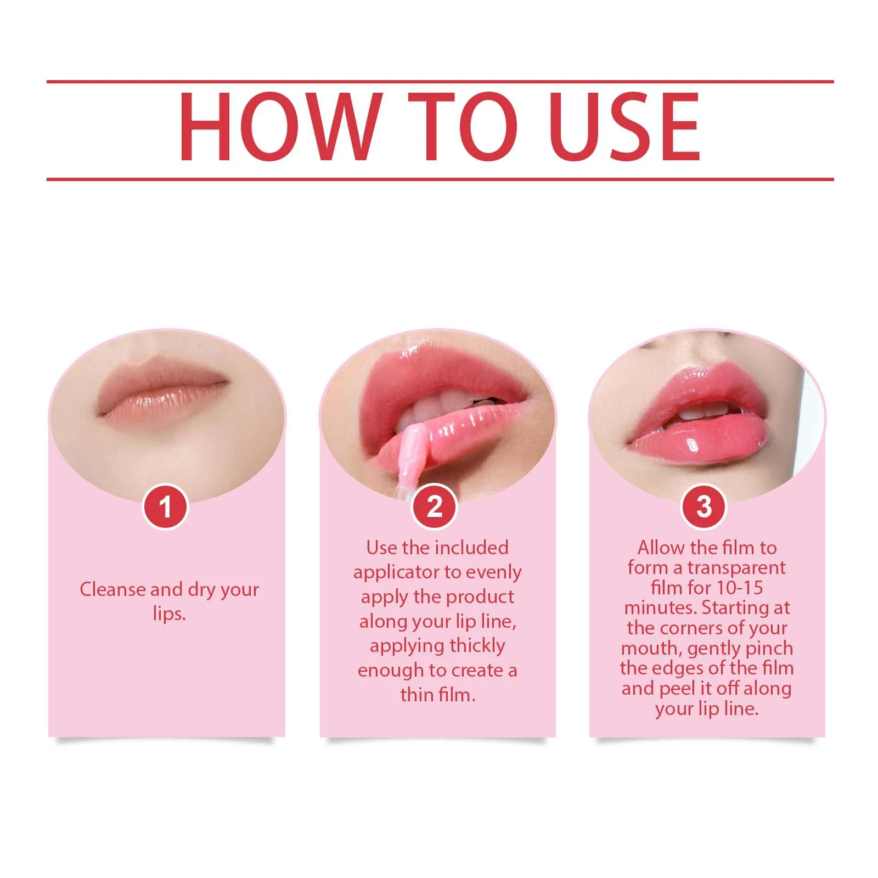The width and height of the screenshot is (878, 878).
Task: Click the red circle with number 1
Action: (165, 506)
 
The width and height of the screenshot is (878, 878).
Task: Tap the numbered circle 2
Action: (434, 506)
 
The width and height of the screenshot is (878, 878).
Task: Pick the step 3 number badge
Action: (703, 506)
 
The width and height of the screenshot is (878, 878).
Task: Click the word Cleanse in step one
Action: (112, 589)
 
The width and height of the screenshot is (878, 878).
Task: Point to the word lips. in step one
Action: (169, 614)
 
